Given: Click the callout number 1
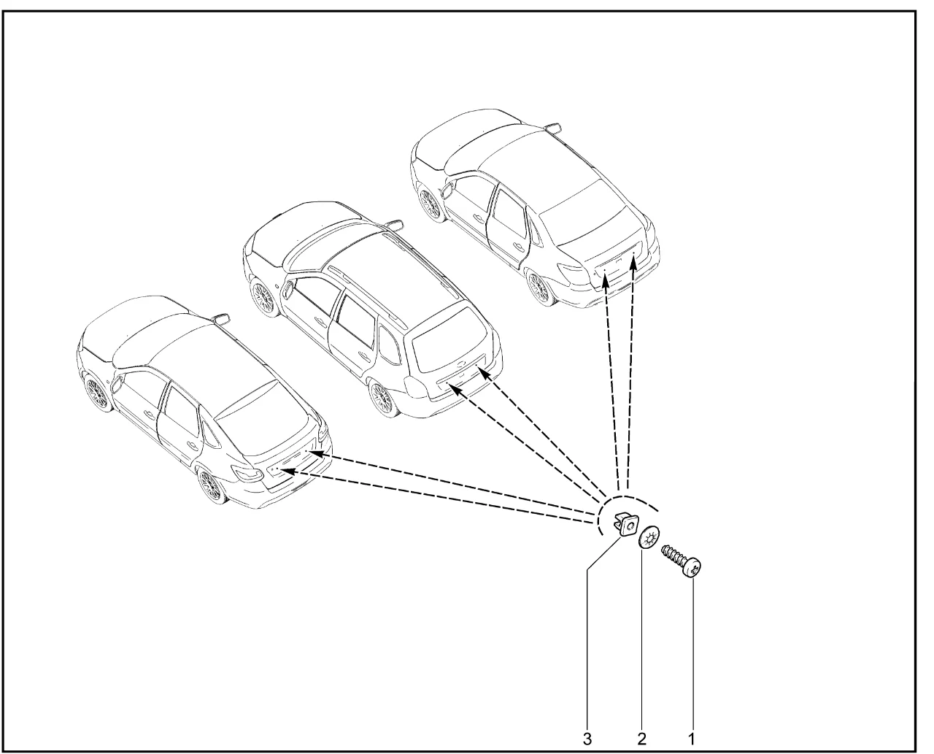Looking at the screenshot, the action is point(692,739).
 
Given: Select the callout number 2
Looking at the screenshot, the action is point(641,739).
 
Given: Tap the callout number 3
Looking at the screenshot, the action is point(587,739).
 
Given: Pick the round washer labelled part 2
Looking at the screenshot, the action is point(649,538).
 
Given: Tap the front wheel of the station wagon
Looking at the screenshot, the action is point(264,297).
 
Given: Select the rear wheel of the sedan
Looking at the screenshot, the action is point(539,288).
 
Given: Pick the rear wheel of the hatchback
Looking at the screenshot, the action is point(212,485).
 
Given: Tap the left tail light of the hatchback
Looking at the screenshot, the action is point(249,472).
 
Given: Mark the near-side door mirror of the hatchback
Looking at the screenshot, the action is point(117,385).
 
